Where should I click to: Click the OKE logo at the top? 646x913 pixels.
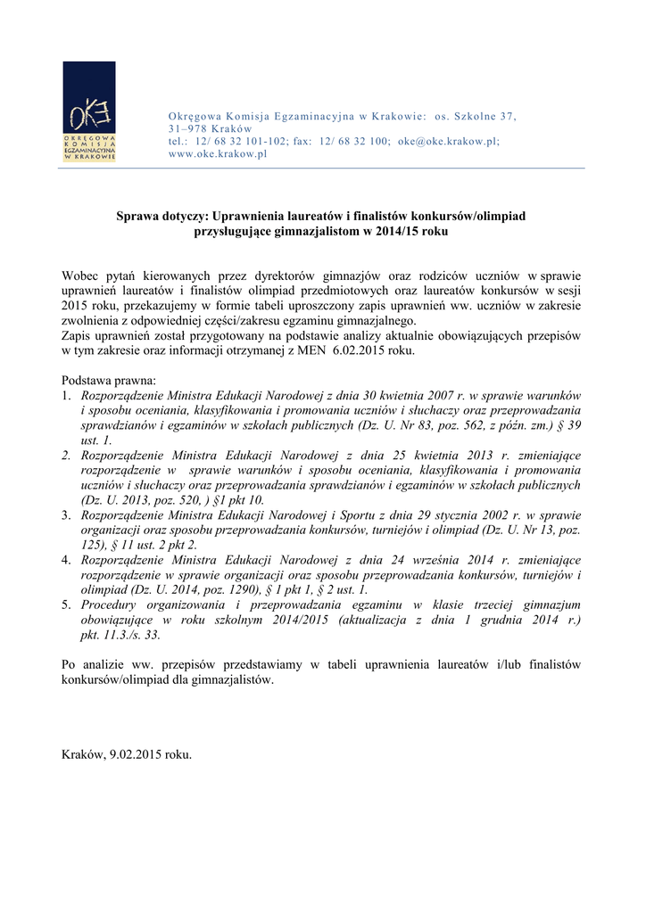(89, 111)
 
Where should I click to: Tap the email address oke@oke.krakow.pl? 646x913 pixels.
(448, 141)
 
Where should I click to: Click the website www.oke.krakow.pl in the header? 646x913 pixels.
(218, 153)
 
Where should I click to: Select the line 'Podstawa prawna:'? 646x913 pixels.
(109, 380)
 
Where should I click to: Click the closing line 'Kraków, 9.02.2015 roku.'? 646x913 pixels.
(127, 754)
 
